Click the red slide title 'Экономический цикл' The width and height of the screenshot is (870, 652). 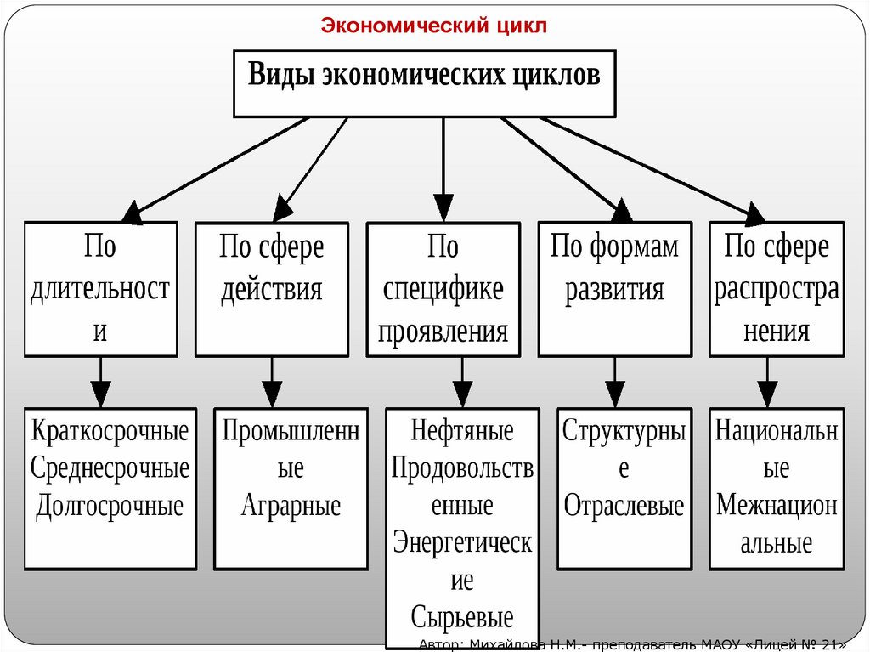click(x=434, y=26)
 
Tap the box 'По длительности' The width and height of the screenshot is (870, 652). click(x=100, y=289)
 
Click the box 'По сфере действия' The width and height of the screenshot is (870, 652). click(x=271, y=289)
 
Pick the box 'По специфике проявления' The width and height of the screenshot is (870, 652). click(x=443, y=289)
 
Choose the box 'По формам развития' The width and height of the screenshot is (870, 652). click(x=614, y=289)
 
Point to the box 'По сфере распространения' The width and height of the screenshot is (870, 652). click(x=777, y=289)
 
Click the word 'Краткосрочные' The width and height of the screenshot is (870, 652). click(x=110, y=431)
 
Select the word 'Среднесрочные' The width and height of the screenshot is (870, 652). click(x=110, y=468)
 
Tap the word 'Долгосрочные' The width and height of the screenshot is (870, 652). click(x=110, y=507)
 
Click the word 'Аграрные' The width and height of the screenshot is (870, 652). click(x=291, y=507)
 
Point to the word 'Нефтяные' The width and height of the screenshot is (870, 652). click(x=462, y=431)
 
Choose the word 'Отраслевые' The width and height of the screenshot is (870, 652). click(x=624, y=507)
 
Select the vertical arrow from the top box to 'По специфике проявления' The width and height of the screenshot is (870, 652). click(x=443, y=170)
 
